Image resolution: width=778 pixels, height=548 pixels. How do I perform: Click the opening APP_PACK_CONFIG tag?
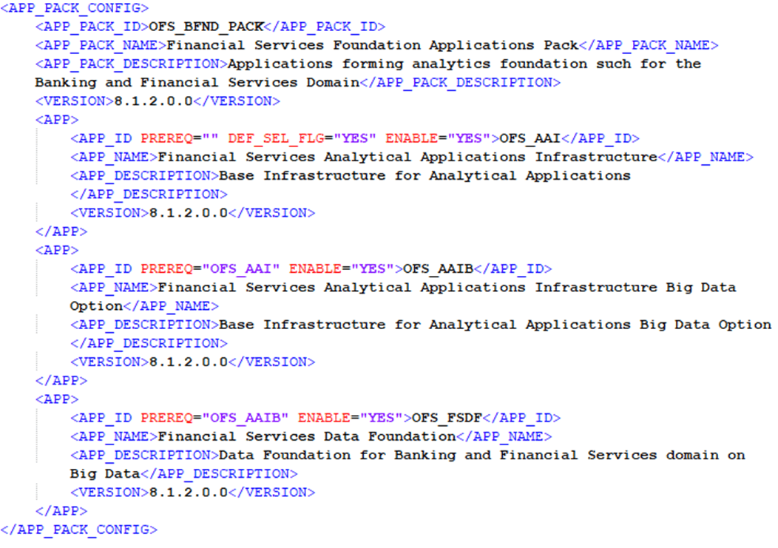coord(75,8)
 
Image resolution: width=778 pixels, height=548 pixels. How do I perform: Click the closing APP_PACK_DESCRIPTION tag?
coord(460,82)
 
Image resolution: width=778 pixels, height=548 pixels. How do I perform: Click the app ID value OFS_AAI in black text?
coord(530,138)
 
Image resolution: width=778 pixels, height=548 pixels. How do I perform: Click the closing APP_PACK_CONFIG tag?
coord(79,530)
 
